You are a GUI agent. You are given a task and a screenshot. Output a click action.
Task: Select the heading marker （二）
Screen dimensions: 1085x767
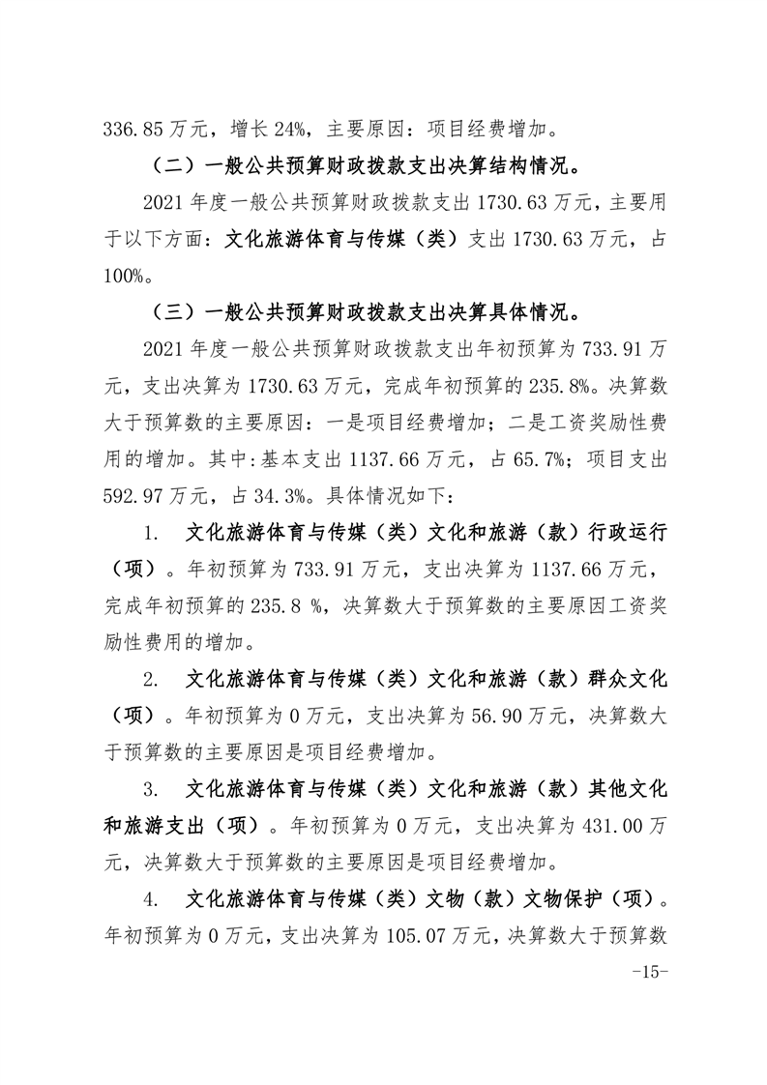click(172, 164)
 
